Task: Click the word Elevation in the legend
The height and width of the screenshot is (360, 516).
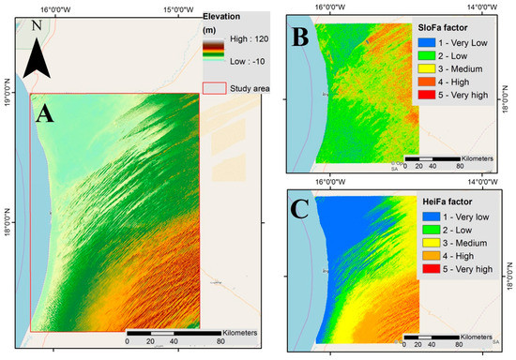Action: tap(224, 17)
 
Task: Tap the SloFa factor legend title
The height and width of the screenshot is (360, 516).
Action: tap(447, 30)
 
